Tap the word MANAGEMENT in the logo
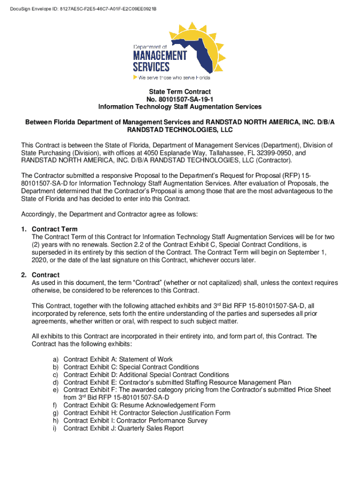(x=160, y=56)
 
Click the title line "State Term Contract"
(x=180, y=92)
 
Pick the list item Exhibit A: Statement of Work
(x=118, y=359)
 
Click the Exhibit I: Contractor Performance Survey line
(x=135, y=421)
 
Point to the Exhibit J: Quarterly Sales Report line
(x=123, y=428)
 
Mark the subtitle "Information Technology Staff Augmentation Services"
(x=180, y=107)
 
